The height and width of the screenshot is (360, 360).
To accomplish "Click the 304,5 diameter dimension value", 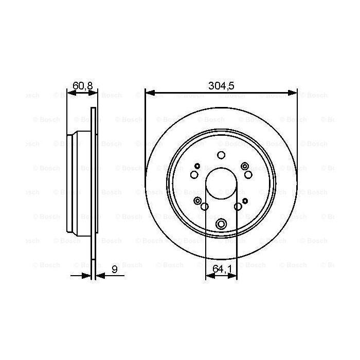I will tap(221, 86).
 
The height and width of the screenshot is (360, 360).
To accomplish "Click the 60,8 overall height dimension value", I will tap(82, 86).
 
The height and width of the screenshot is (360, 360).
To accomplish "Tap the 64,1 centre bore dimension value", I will tap(221, 268).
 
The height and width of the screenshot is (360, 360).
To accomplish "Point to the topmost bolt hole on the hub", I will tap(221, 156).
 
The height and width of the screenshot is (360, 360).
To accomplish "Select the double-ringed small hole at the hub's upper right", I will tap(245, 166).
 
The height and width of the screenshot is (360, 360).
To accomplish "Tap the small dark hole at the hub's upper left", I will tap(197, 166).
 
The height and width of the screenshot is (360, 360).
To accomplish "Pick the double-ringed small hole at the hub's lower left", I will tap(197, 201).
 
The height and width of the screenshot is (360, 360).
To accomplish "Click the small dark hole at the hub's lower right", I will tap(245, 201).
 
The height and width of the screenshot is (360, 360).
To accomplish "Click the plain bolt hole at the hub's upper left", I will tap(194, 175).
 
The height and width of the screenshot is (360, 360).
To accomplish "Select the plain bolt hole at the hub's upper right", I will tap(248, 175).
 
